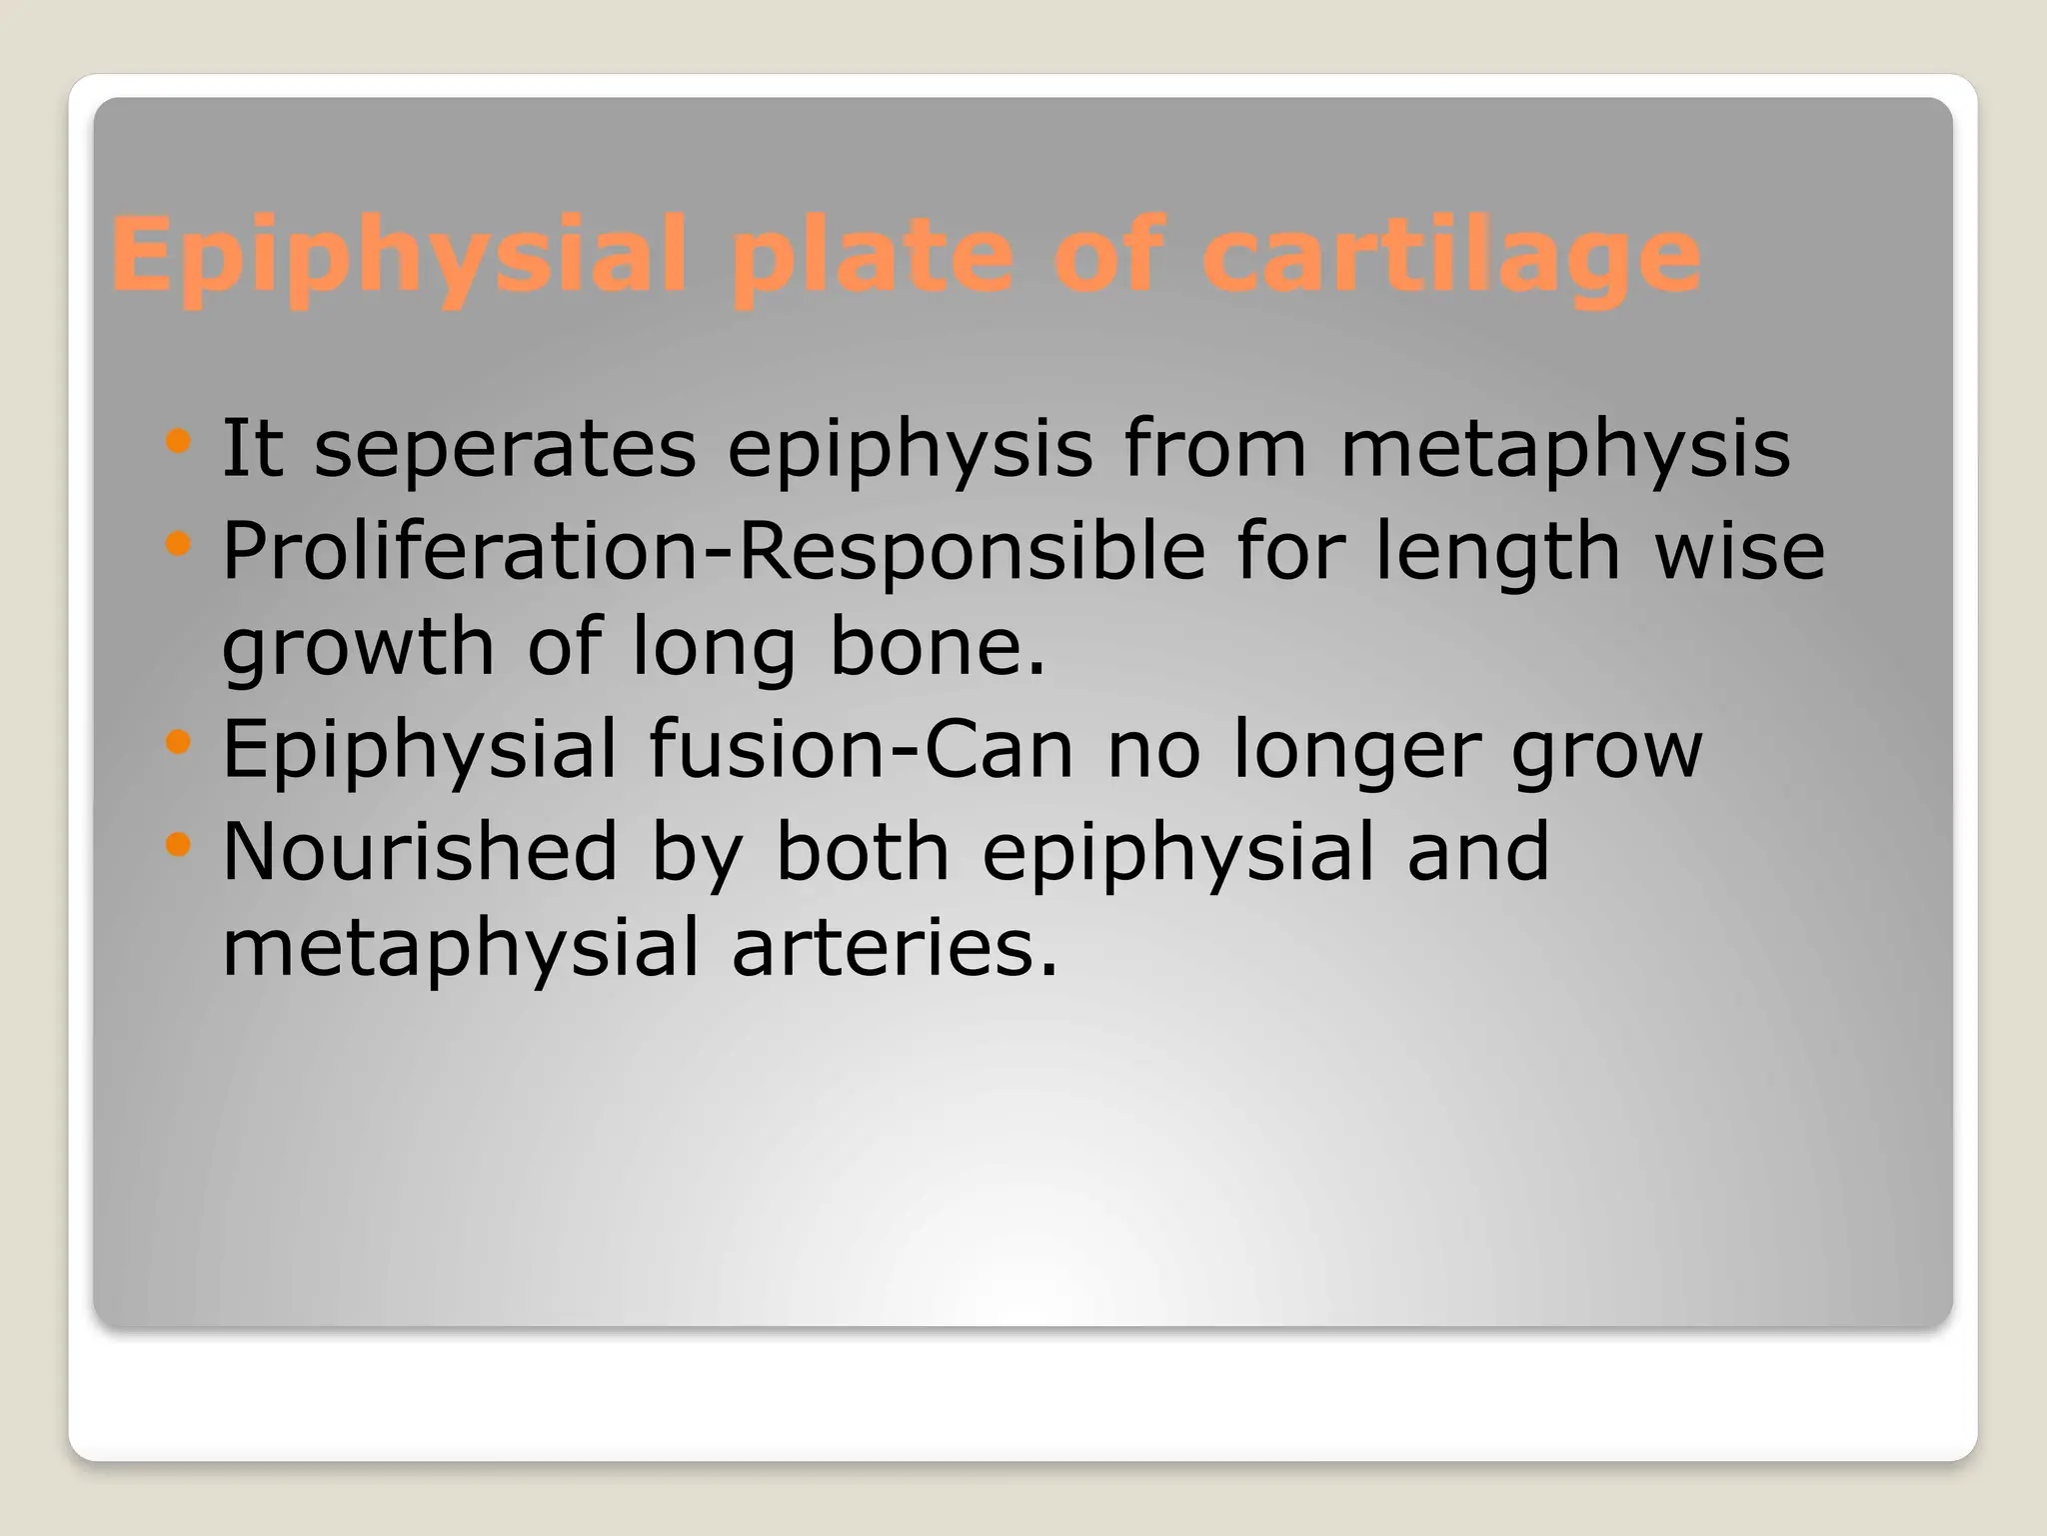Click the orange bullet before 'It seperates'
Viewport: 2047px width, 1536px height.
[x=178, y=441]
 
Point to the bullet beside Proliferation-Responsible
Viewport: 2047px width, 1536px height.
[x=178, y=544]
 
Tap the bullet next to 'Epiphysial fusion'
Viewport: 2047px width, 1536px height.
[x=178, y=742]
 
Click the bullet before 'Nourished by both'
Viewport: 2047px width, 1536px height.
[x=178, y=845]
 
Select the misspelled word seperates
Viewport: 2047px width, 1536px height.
[x=505, y=448]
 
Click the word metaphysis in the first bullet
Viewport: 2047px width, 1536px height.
[x=1565, y=448]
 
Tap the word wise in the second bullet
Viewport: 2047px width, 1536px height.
[x=1740, y=551]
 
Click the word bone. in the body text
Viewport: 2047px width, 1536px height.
[x=938, y=647]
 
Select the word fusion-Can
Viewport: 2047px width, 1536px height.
[x=861, y=749]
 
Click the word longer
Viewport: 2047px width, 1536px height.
[x=1355, y=749]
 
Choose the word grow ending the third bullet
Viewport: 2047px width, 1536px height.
[x=1607, y=749]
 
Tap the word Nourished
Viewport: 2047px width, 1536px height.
[x=420, y=852]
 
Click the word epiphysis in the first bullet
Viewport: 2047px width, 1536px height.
[x=910, y=448]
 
